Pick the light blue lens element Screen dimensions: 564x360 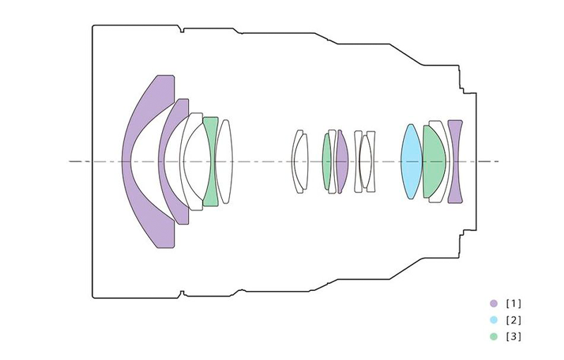click(x=412, y=161)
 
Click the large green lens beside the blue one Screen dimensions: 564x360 click(x=434, y=161)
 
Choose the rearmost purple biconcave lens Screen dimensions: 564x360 click(x=455, y=161)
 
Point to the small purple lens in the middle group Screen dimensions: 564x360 click(x=342, y=161)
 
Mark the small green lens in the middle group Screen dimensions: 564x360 click(x=326, y=161)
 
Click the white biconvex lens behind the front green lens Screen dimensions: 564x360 click(x=224, y=161)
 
